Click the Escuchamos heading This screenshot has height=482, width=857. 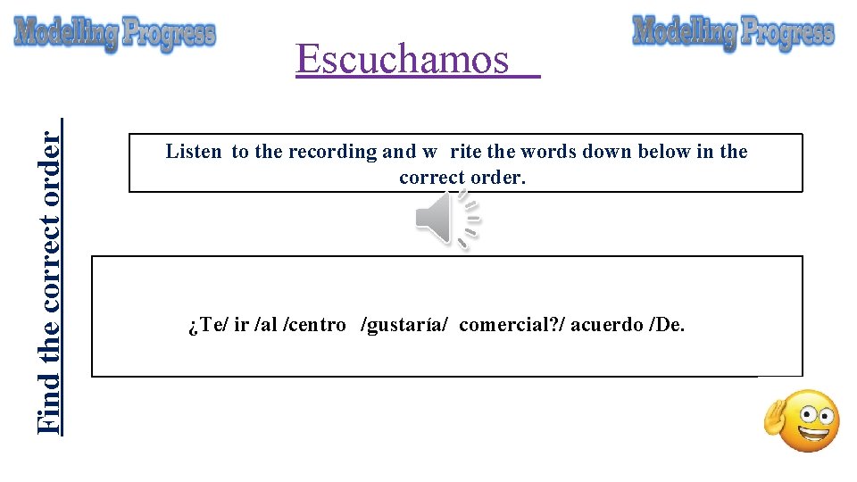tap(403, 60)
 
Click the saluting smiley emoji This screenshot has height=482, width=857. tap(803, 420)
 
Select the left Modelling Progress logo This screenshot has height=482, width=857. tap(115, 34)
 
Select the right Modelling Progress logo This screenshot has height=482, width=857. tap(733, 32)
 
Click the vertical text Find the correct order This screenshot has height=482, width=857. tap(52, 277)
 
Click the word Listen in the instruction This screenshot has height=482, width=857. tap(194, 152)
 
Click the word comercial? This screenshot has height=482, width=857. tap(510, 325)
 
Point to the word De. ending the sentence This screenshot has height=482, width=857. tap(670, 325)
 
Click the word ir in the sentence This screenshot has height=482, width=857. tap(240, 325)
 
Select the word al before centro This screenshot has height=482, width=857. tap(267, 325)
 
